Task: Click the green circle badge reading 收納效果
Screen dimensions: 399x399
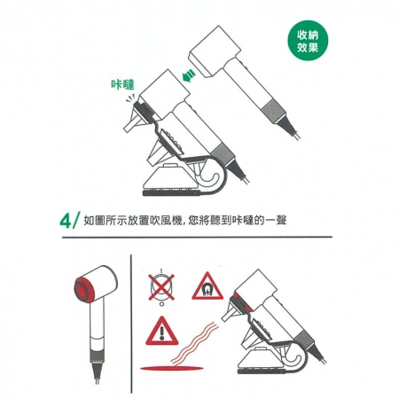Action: [x=308, y=41]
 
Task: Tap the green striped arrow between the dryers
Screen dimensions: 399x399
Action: [x=189, y=75]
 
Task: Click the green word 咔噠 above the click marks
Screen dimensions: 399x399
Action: [x=122, y=85]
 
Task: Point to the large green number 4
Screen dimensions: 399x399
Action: [x=66, y=221]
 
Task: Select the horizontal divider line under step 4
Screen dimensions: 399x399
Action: [x=197, y=237]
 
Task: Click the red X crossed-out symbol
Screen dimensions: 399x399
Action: [x=161, y=287]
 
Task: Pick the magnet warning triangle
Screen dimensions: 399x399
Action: [x=207, y=286]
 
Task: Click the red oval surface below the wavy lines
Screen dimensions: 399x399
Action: [x=171, y=368]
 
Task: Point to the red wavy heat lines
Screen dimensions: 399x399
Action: [x=195, y=343]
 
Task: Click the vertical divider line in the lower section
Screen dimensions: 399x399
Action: [x=131, y=324]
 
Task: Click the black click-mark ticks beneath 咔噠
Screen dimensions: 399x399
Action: [x=130, y=98]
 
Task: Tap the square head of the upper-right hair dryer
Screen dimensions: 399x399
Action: [x=215, y=51]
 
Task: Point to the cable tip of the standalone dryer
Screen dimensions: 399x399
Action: [x=98, y=380]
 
